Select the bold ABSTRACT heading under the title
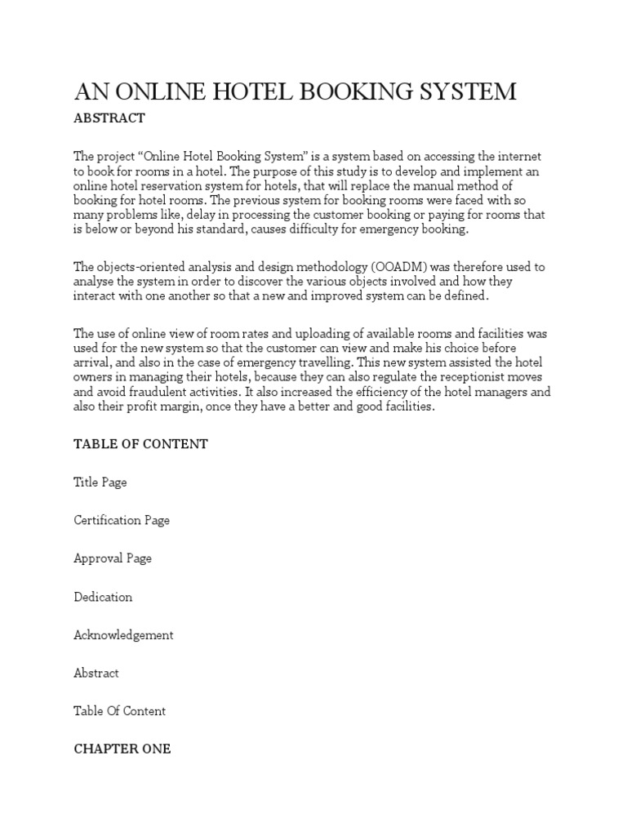[x=109, y=118]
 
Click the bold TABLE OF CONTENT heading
[x=140, y=444]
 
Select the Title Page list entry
[x=100, y=482]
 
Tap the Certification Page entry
[x=122, y=520]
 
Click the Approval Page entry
[x=112, y=558]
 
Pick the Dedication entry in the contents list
[x=103, y=597]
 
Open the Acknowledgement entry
[x=123, y=635]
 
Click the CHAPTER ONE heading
[x=122, y=749]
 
